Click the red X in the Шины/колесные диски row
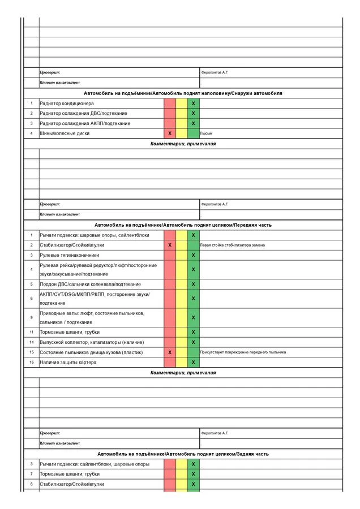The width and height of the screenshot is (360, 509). [x=170, y=133]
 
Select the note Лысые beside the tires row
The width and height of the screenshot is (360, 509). [x=207, y=133]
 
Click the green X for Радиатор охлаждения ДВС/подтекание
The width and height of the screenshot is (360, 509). [x=193, y=113]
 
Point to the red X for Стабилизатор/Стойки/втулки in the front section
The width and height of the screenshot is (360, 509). [x=170, y=245]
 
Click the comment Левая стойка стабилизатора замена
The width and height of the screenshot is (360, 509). [x=232, y=245]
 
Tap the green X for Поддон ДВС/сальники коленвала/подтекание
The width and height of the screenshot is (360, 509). [x=193, y=284]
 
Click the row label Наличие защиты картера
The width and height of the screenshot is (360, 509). [x=68, y=362]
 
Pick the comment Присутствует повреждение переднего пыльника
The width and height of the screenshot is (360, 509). [x=243, y=352]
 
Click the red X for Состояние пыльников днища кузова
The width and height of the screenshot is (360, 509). [x=170, y=352]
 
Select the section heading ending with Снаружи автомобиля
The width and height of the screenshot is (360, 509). [x=183, y=93]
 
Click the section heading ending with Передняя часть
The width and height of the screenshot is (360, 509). [x=183, y=225]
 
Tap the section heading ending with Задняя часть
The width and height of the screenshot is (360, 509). [x=183, y=454]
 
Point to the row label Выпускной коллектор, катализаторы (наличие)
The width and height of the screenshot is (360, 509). [x=92, y=342]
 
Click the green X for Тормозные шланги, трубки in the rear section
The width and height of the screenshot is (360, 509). [x=193, y=474]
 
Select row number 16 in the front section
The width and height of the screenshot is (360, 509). [x=32, y=362]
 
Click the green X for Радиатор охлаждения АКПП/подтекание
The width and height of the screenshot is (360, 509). [x=193, y=123]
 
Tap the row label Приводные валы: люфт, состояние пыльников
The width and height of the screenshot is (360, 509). [x=92, y=313]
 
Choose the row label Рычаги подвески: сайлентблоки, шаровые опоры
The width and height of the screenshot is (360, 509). [x=95, y=464]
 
